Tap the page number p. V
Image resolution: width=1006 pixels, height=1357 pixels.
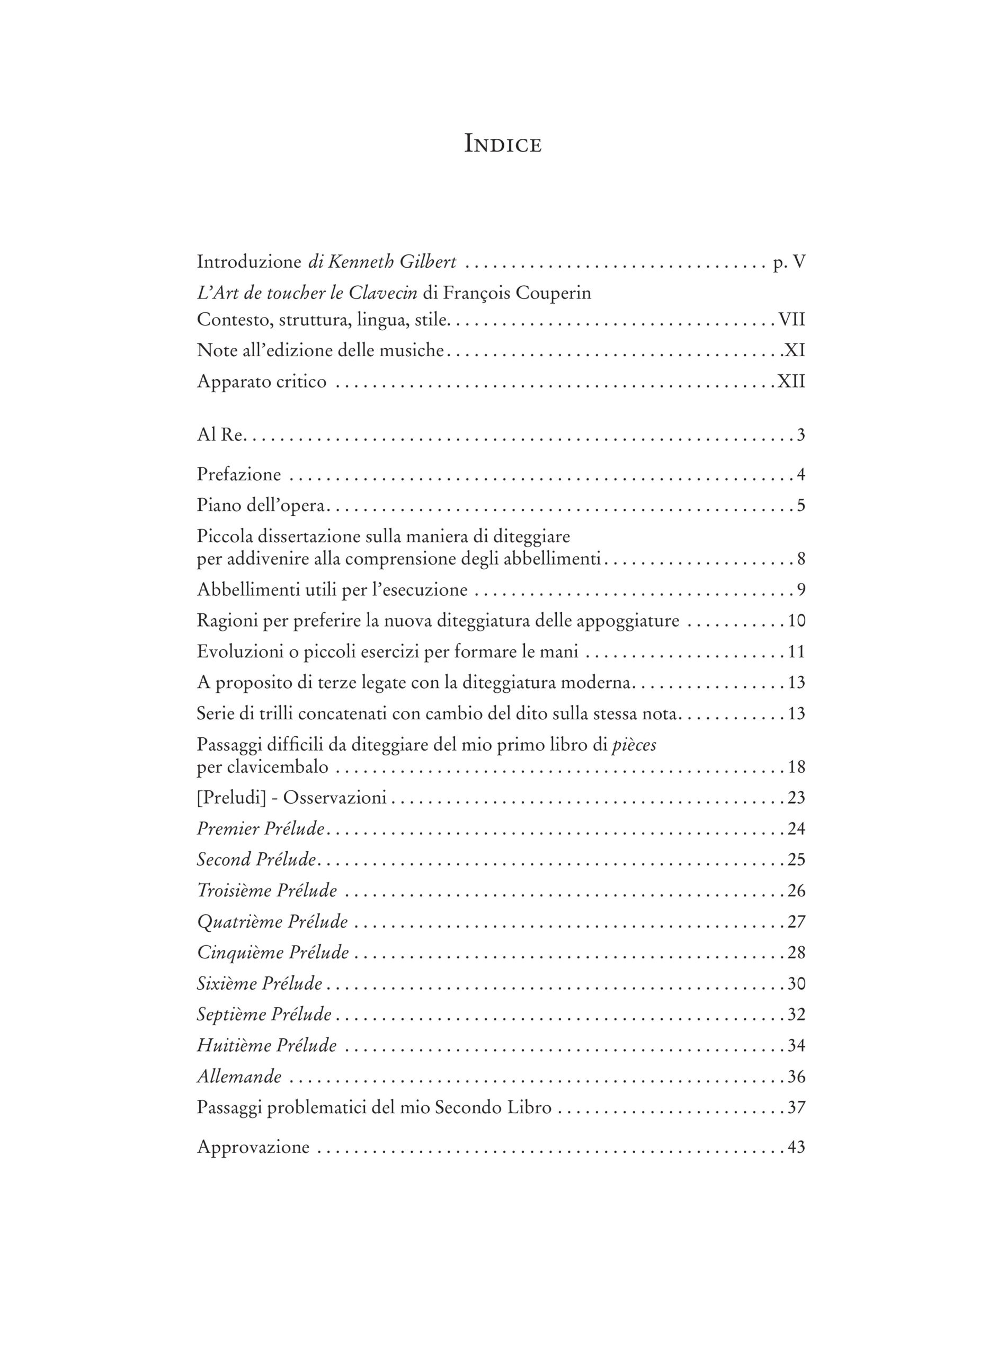click(789, 262)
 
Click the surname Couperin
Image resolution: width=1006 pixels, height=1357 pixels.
click(553, 293)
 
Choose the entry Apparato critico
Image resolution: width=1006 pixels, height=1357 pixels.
click(261, 382)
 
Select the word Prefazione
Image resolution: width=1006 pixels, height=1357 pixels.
click(239, 474)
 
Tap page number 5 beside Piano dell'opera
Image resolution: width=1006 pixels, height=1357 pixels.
click(801, 505)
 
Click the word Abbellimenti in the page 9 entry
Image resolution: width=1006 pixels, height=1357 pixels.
click(250, 589)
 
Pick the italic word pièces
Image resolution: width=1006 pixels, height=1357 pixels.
click(634, 745)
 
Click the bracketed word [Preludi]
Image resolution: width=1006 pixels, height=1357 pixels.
click(232, 797)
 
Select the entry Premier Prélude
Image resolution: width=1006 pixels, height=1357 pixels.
click(260, 828)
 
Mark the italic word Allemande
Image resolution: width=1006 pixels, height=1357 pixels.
click(239, 1076)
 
